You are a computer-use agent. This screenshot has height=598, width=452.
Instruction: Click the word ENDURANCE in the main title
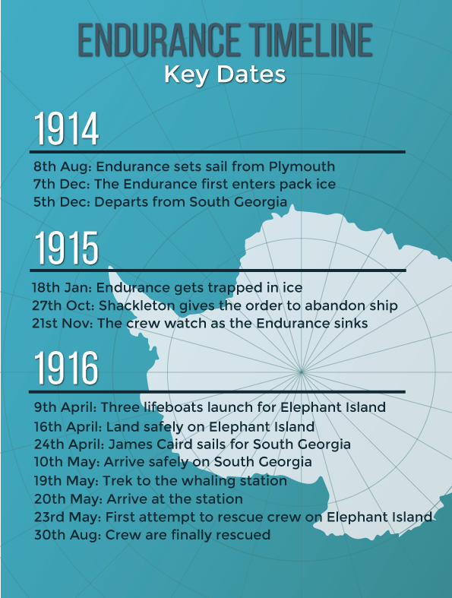pos(153,41)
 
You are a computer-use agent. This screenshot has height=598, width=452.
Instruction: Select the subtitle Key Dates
pos(225,75)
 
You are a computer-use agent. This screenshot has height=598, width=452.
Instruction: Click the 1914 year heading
pos(66,130)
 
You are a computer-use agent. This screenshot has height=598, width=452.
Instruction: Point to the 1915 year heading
pos(66,248)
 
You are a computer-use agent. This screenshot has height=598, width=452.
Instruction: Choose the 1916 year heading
pos(66,370)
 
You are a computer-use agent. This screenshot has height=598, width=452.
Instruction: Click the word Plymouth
pos(304,166)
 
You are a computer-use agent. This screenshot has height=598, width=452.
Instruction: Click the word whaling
pos(208,481)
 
